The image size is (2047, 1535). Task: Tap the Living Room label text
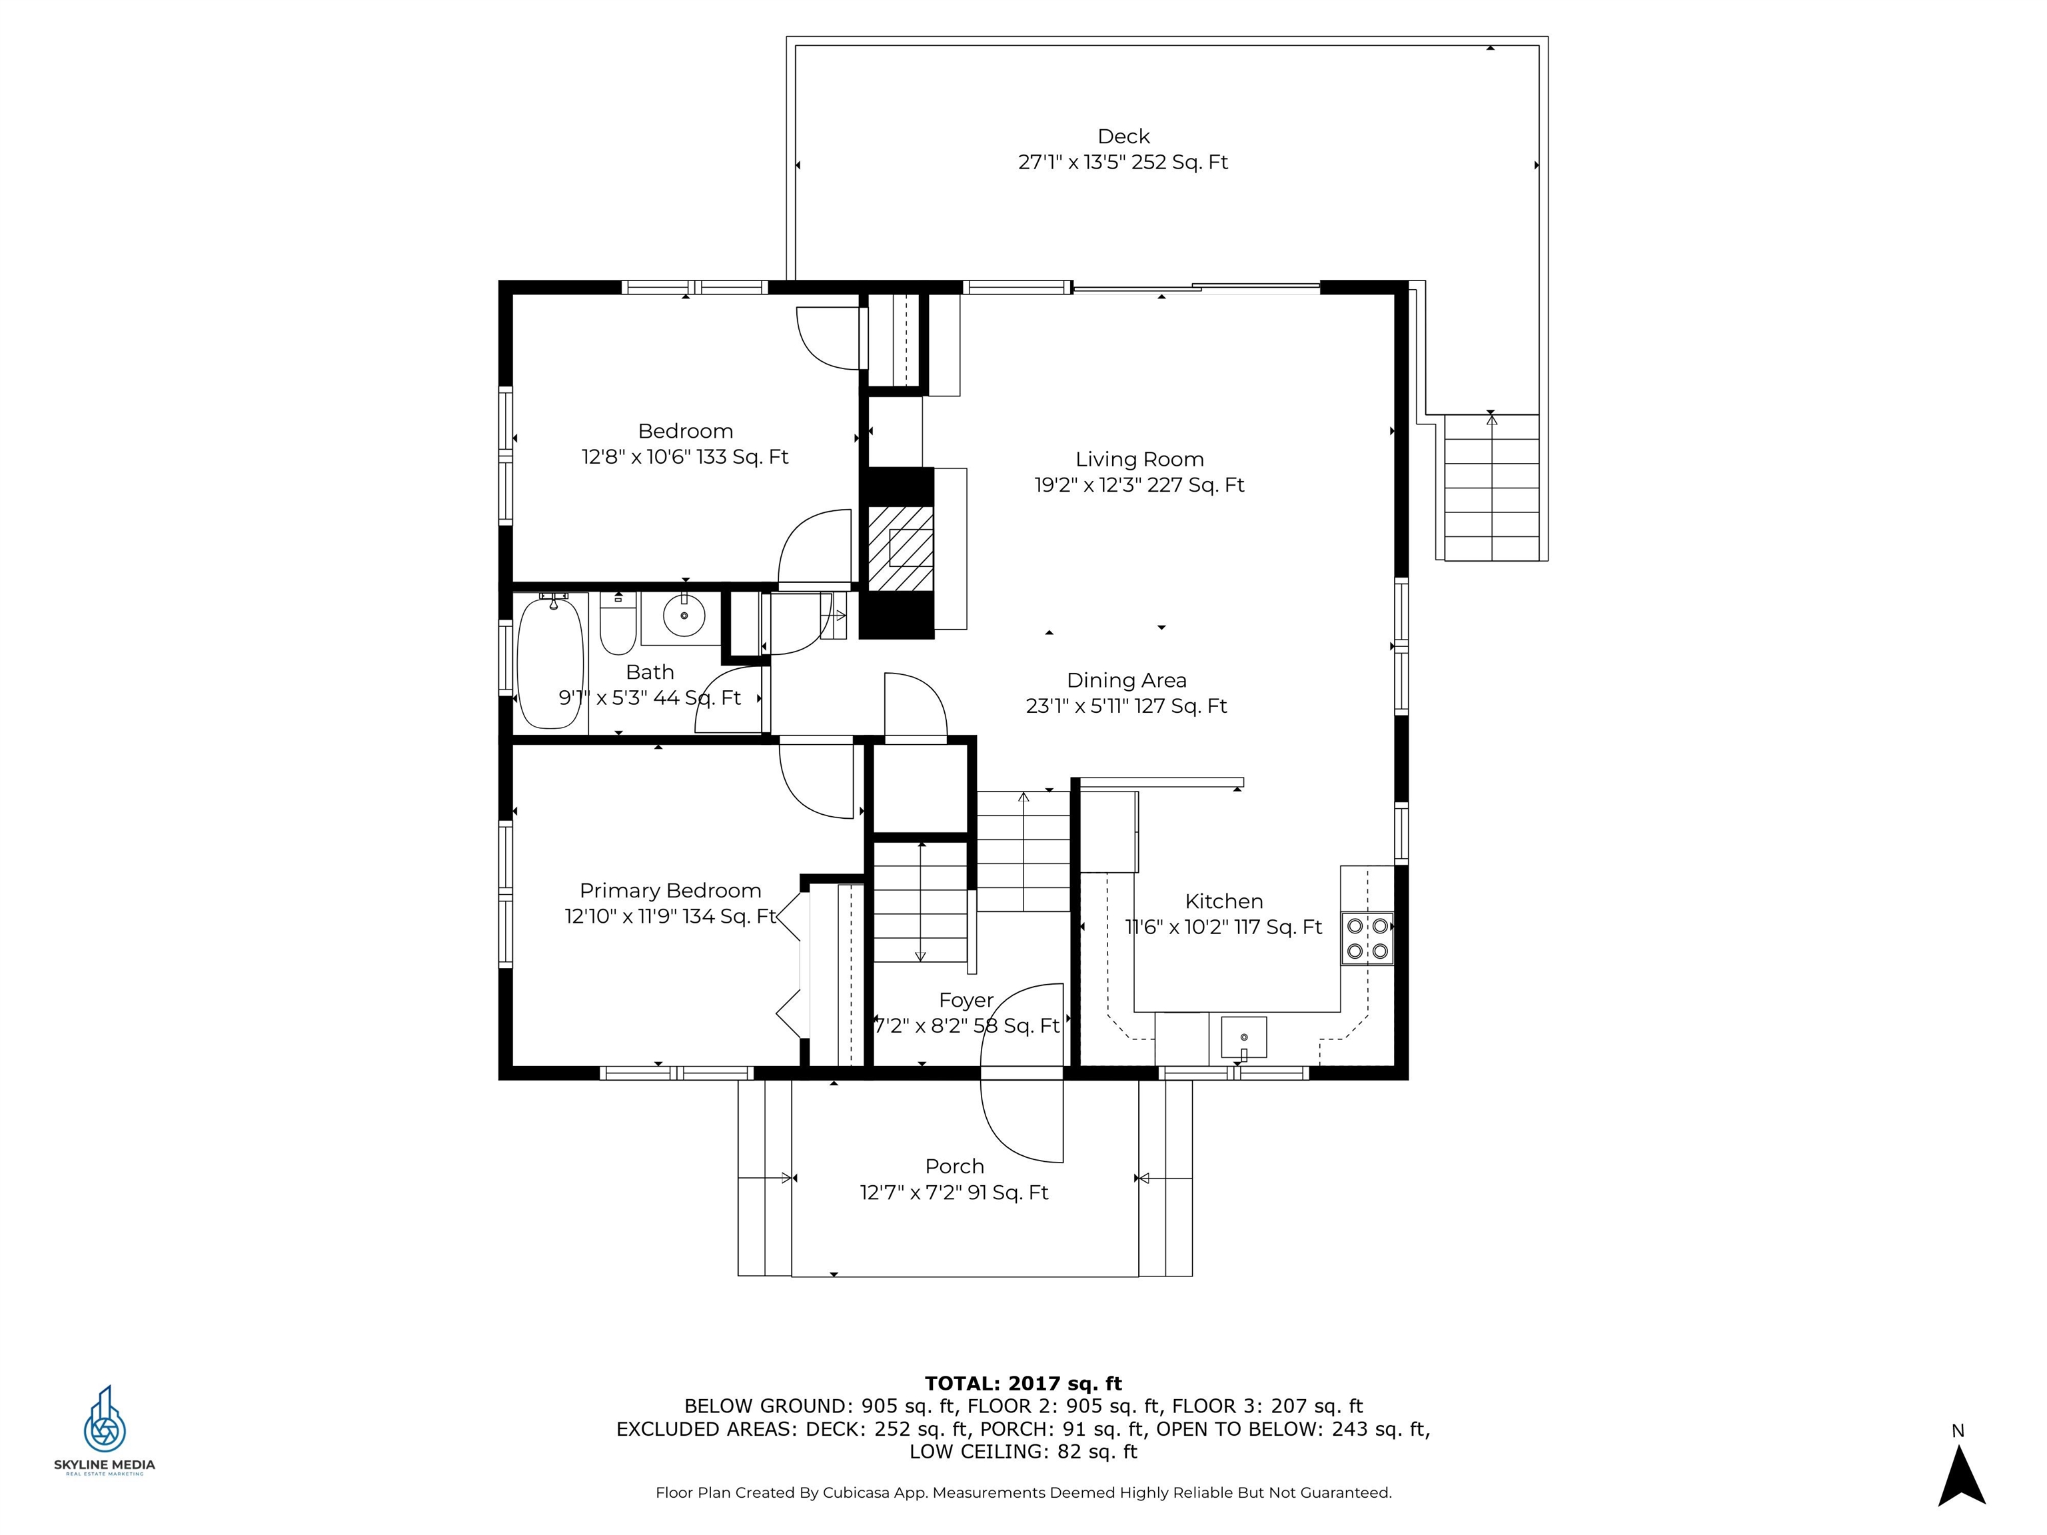click(x=1139, y=460)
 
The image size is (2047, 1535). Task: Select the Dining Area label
click(x=1126, y=681)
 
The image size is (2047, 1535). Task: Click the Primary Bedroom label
click(x=670, y=891)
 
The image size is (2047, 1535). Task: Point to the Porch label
click(x=954, y=1167)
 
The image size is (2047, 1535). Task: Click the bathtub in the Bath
click(x=550, y=661)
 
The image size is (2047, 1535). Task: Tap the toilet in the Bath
click(x=617, y=624)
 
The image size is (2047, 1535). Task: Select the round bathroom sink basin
click(x=684, y=616)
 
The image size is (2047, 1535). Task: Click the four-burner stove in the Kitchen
click(x=1367, y=938)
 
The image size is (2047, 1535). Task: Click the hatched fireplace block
click(x=900, y=548)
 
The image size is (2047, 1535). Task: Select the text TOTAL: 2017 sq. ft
click(x=1023, y=1383)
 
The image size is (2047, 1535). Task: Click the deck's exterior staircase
click(x=1492, y=488)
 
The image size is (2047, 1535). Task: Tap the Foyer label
click(x=966, y=1000)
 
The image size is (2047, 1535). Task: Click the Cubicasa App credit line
click(x=1023, y=1492)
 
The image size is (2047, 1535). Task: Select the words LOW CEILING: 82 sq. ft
click(x=1023, y=1452)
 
